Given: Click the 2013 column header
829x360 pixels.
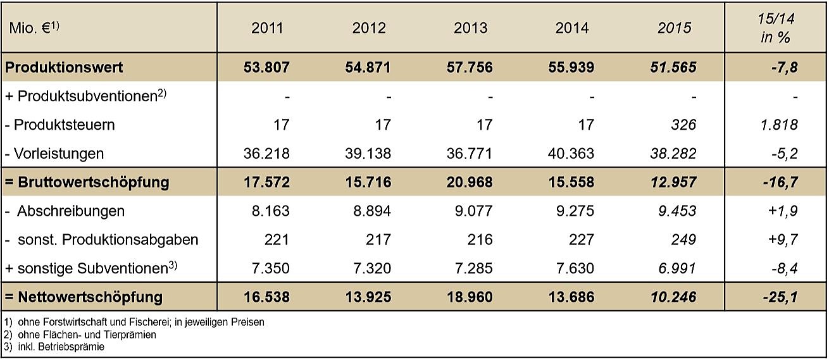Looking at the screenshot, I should (470, 28).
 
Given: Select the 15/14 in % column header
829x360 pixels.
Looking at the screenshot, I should (775, 28).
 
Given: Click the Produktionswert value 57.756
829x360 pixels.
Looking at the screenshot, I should (470, 67).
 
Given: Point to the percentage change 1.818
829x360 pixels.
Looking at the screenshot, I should (779, 125).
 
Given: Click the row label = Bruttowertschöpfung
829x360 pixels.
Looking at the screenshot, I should (86, 183).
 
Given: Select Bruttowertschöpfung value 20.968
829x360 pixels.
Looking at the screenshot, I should (470, 183).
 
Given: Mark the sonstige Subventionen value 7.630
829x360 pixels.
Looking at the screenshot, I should (573, 268).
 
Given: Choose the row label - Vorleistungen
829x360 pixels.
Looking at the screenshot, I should (54, 154).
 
